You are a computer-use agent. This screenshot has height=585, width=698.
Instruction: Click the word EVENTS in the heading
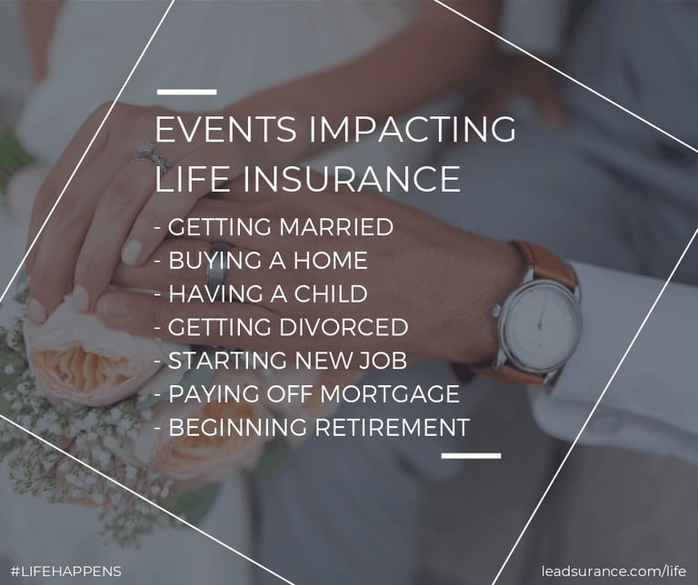coord(225,129)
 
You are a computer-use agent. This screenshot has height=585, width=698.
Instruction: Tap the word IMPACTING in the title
coord(412,129)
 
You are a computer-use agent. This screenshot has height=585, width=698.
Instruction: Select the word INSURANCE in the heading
coord(352,179)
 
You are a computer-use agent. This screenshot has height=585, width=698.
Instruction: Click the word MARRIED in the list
coord(336,226)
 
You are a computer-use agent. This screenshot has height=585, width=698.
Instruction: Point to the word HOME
coord(330,260)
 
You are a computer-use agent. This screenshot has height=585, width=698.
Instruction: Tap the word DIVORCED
coord(344,327)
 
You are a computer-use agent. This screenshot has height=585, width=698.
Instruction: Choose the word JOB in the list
coord(383,361)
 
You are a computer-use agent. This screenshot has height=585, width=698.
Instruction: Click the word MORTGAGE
coord(390,393)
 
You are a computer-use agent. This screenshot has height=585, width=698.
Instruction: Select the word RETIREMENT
coord(393,427)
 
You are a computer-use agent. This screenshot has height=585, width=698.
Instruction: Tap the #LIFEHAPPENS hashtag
coord(65,571)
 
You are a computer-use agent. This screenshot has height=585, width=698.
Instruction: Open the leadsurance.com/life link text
coord(613,570)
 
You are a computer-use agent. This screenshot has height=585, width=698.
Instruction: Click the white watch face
coord(542,325)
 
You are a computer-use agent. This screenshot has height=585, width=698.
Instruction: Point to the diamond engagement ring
coord(152,155)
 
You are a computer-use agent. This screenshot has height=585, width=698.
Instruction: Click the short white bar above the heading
coord(187,92)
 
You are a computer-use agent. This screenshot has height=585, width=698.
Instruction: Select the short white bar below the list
coord(471,455)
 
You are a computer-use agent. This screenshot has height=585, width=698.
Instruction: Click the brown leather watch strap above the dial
coord(545,263)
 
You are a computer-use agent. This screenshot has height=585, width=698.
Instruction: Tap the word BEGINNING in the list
coord(238,427)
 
